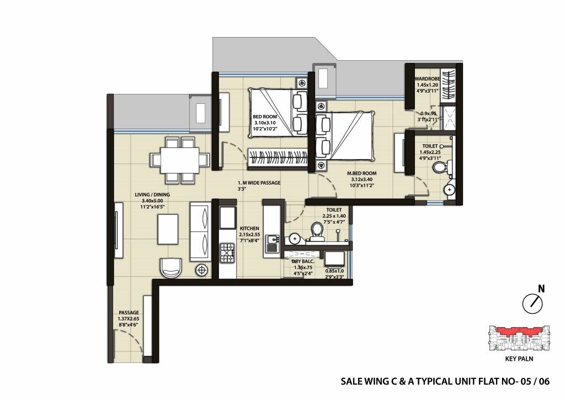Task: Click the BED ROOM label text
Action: pyautogui.click(x=265, y=117)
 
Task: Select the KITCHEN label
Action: pyautogui.click(x=249, y=228)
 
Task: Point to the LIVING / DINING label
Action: pyautogui.click(x=153, y=195)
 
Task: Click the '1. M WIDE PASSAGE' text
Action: pyautogui.click(x=259, y=183)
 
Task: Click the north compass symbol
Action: pyautogui.click(x=532, y=303)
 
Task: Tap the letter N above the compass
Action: pyautogui.click(x=541, y=288)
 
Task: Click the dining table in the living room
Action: pyautogui.click(x=180, y=160)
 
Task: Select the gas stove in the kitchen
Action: pyautogui.click(x=227, y=254)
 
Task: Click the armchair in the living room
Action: pyautogui.click(x=170, y=267)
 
